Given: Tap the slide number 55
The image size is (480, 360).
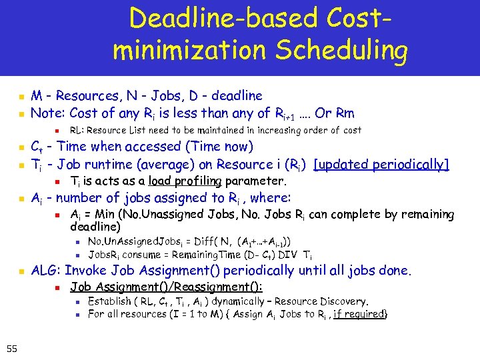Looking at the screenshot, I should pos(11,347).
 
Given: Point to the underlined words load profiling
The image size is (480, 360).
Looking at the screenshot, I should pos(185,181).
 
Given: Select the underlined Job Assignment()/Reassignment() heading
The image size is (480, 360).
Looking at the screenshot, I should pos(166,287).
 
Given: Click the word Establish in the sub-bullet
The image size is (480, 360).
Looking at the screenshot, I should pos(110,301).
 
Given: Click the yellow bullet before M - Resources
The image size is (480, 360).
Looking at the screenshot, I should pos(21,96).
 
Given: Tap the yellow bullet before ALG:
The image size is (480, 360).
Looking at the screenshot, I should pos(21,271).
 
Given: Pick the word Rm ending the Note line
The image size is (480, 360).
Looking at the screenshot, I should pos(343,113).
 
